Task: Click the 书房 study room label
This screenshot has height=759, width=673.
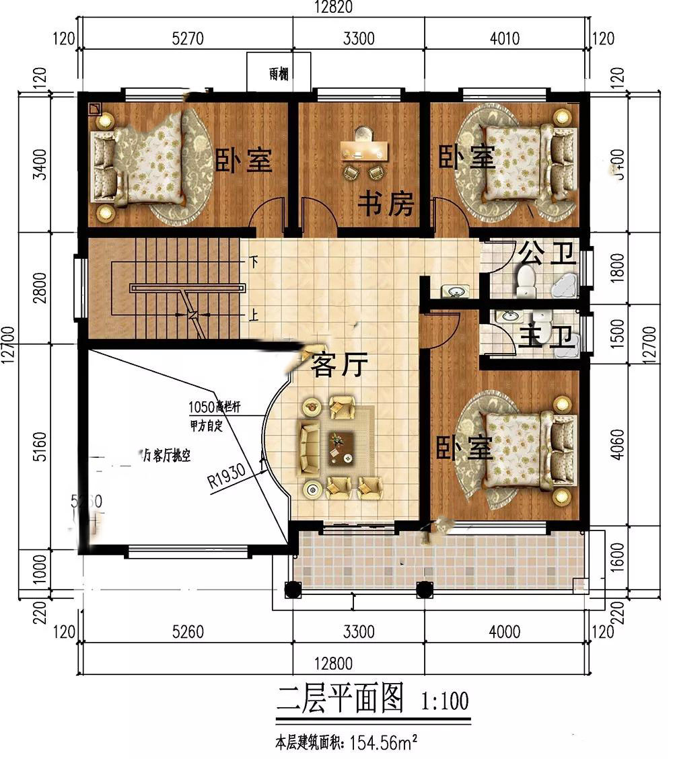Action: (x=385, y=203)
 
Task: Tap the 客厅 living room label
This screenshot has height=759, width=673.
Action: (x=340, y=366)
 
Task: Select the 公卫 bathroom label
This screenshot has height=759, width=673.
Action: (x=547, y=253)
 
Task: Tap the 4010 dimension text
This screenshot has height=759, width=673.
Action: (x=504, y=38)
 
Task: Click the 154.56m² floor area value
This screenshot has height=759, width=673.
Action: (x=381, y=743)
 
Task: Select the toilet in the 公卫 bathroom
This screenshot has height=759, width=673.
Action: (x=524, y=281)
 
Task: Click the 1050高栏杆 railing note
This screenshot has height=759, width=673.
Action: (x=215, y=407)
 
